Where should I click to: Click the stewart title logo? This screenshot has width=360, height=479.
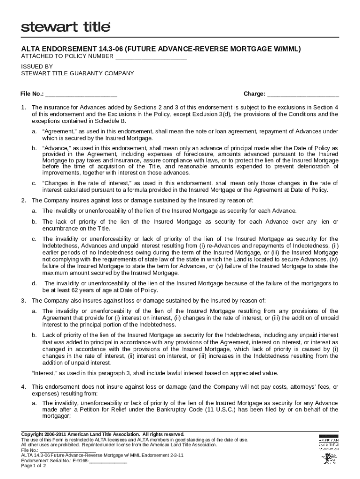click(x=65, y=27)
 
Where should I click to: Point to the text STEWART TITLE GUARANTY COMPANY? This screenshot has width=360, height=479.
click(x=78, y=73)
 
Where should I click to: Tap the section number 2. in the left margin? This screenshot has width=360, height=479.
click(x=23, y=200)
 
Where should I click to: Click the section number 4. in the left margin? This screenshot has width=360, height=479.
click(x=23, y=387)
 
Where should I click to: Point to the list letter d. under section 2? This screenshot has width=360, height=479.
click(x=34, y=283)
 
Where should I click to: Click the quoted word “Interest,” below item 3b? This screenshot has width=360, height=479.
click(x=46, y=373)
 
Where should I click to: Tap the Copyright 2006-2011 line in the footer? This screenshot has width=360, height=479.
click(x=103, y=434)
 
